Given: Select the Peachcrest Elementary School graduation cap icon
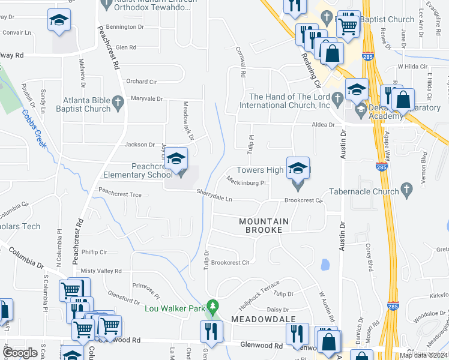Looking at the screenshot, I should point(176,158).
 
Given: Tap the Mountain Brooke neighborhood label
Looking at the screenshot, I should point(264,226).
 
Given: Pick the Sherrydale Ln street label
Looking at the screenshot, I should point(216,193).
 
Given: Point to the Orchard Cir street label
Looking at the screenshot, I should point(141,82).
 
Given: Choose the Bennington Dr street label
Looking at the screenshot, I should point(125,27).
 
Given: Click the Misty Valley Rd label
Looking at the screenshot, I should point(101,271).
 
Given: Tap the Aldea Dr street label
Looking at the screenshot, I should point(322,124).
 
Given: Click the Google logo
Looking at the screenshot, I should point(20,352).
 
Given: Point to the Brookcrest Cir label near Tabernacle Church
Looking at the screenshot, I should point(304,200).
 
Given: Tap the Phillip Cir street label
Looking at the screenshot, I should point(94,252).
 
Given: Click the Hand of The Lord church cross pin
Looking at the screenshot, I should point(339,97).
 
